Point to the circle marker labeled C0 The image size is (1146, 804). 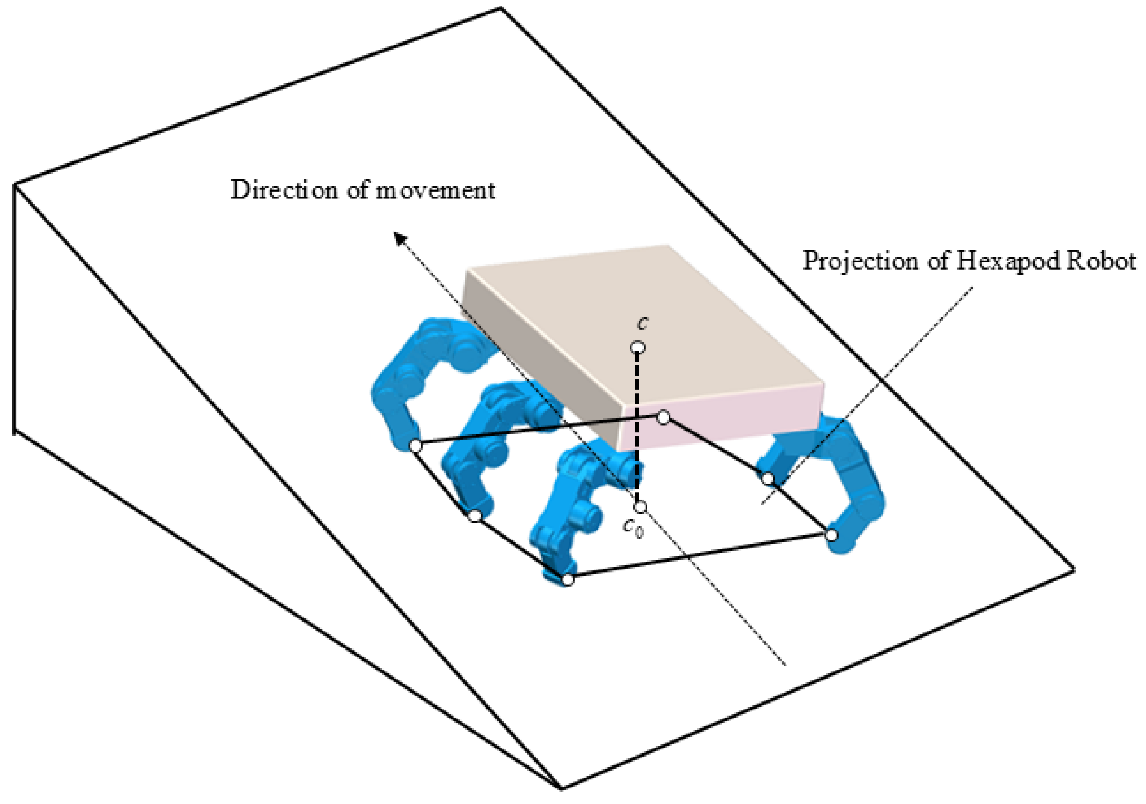coord(640,508)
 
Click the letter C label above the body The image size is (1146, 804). coord(643,324)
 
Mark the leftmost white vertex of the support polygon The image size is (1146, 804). coord(415,445)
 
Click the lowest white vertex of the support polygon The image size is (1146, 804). coord(568,580)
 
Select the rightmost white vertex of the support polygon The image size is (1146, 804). coord(831,535)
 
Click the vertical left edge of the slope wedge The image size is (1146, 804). coord(14,309)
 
